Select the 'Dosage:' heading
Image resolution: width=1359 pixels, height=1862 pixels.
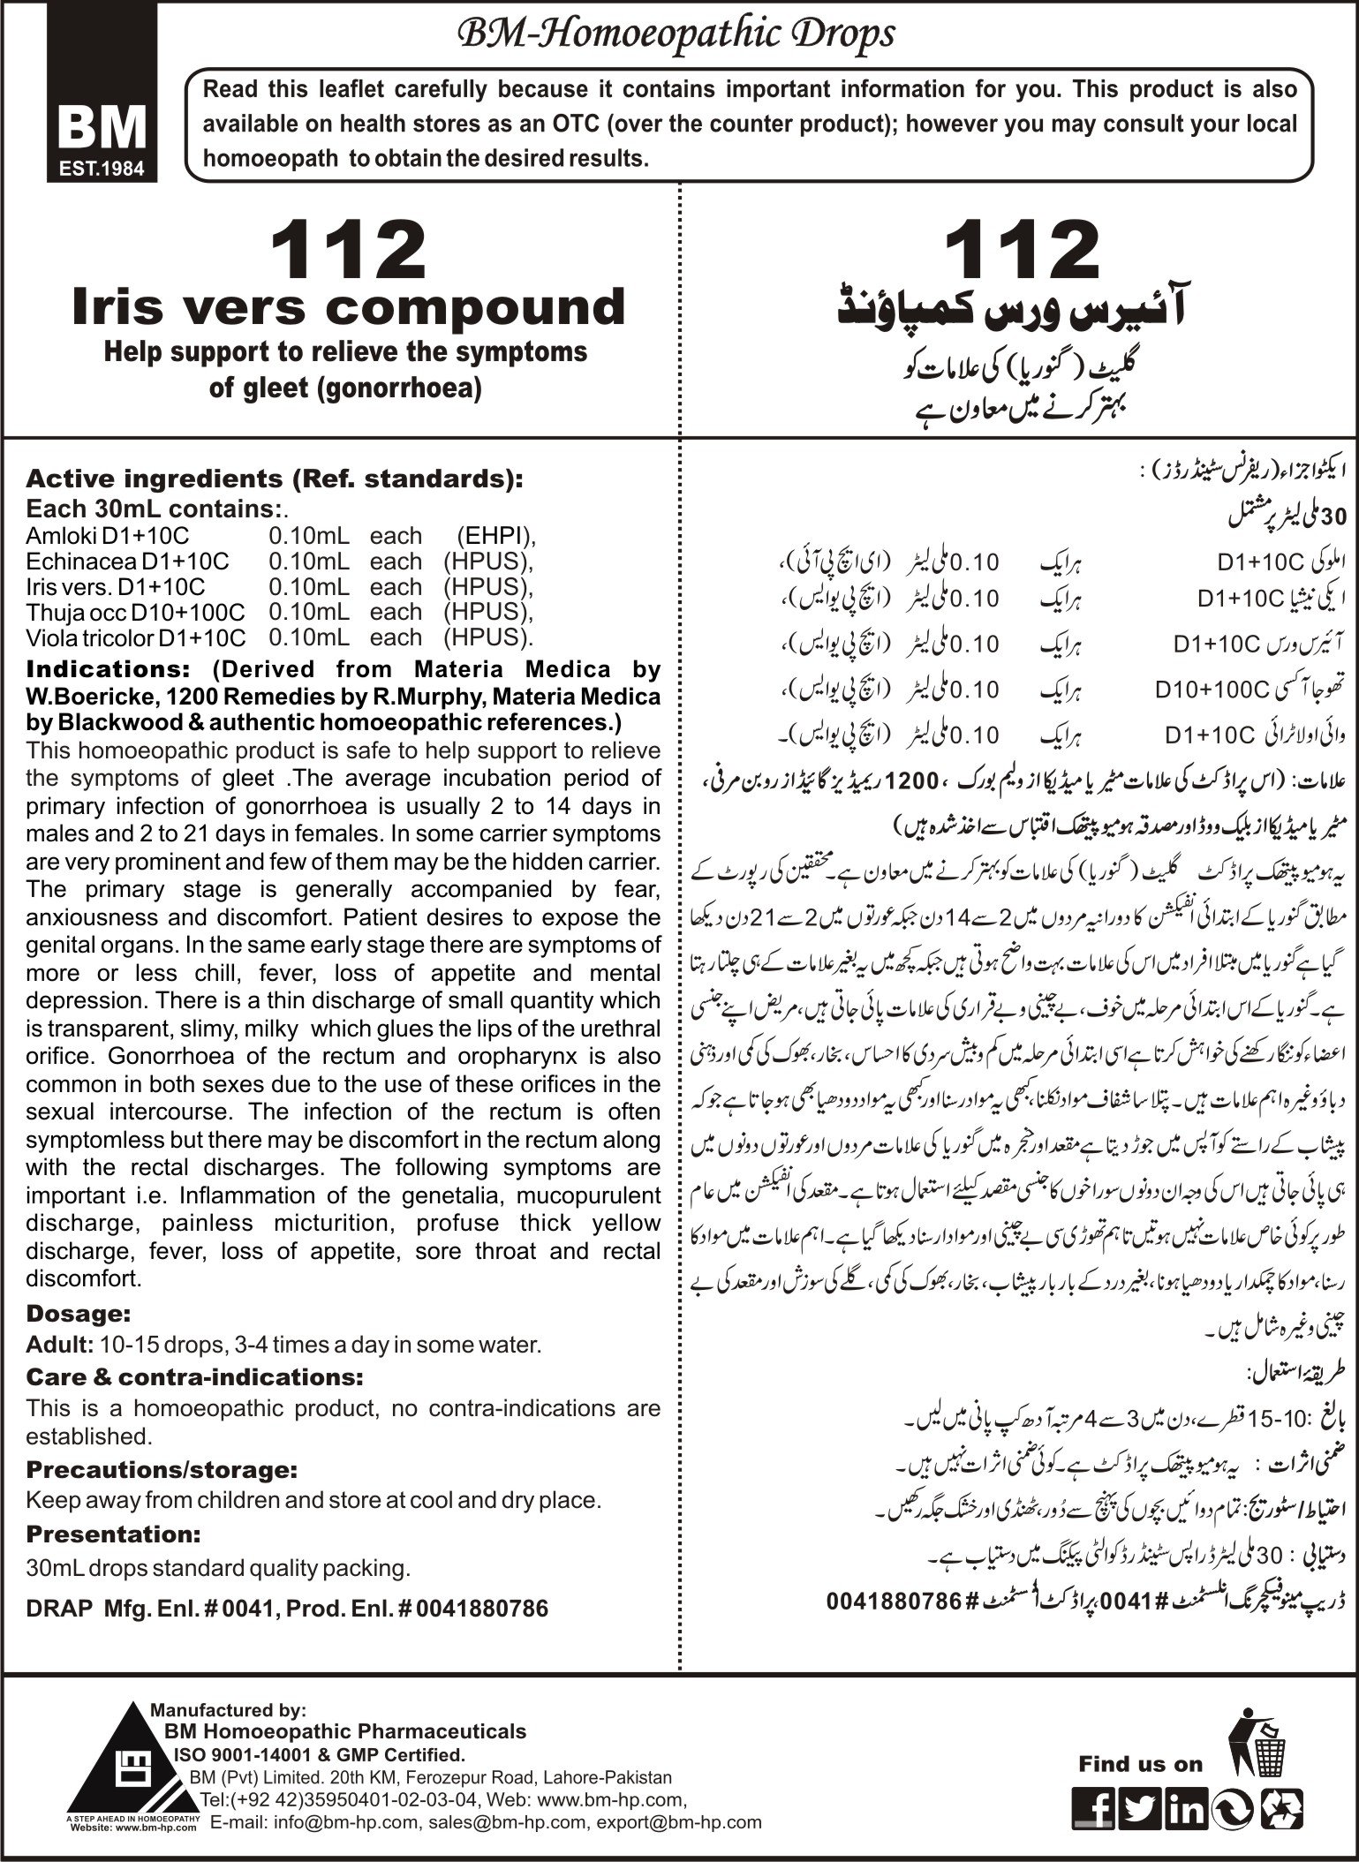click(79, 1313)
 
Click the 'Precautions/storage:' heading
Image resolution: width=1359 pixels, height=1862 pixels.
click(162, 1470)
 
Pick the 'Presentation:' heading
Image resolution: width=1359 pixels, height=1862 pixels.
click(114, 1534)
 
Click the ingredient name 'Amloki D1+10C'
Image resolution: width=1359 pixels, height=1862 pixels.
click(107, 536)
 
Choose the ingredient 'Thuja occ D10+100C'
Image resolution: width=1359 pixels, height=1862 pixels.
click(136, 612)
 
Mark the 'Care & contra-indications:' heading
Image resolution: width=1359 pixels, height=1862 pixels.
click(194, 1377)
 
